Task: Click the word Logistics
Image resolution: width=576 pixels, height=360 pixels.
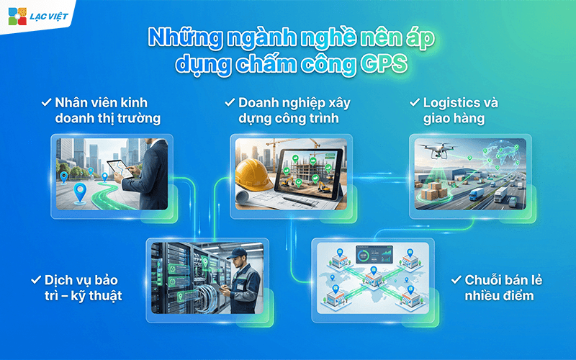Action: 454,103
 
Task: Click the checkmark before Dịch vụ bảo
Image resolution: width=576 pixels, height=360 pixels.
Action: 35,278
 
